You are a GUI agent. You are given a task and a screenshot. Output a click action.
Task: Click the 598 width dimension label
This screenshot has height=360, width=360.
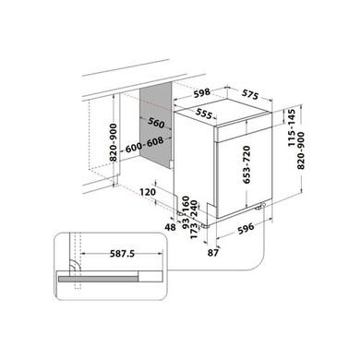pos(201,92)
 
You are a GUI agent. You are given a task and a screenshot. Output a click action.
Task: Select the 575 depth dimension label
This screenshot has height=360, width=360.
pos(249,94)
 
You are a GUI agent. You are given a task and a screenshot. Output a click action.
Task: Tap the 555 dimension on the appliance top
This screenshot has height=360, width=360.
pos(204,114)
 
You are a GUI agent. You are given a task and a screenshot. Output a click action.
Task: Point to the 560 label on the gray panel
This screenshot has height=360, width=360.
pos(156,123)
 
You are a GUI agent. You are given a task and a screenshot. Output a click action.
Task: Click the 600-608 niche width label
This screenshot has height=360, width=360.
pos(144,144)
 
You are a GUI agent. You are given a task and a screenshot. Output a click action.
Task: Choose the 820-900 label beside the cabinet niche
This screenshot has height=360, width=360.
pos(114,142)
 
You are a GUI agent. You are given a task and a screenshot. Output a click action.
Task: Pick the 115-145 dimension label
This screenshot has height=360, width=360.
pos(292,127)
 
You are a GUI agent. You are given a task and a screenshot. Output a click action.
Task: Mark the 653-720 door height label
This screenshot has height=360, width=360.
pos(246,165)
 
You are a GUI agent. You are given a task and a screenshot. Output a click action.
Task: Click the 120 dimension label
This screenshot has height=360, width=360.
pos(148,192)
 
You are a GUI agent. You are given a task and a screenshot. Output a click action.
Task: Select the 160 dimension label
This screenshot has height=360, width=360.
pos(186,203)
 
